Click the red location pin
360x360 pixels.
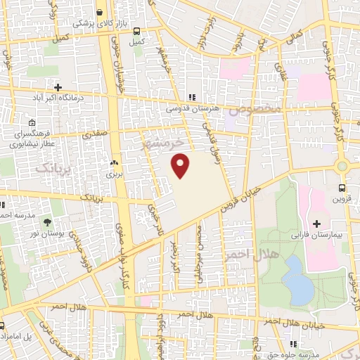coord(181,166)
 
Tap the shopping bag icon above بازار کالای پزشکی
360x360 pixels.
coord(100,13)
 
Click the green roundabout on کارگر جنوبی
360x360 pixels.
coord(342,167)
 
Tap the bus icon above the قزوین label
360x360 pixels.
coord(342,188)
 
